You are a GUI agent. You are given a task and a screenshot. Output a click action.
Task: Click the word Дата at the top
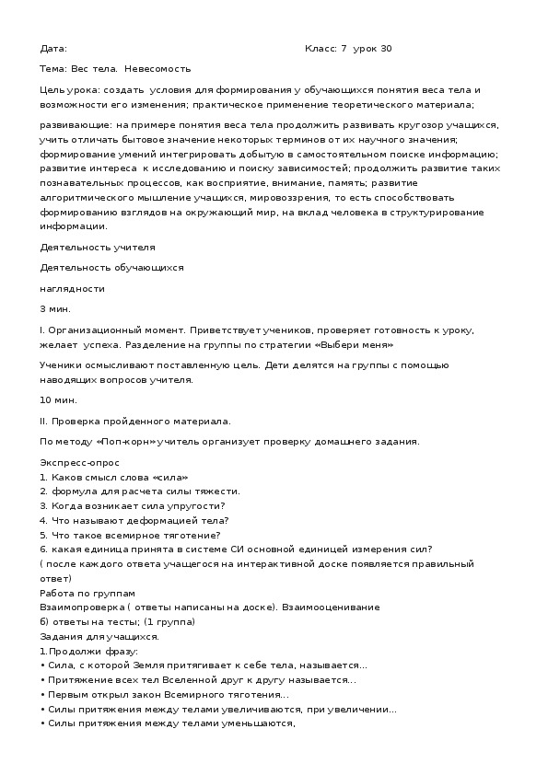pos(52,49)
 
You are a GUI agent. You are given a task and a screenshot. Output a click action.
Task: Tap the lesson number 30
pos(385,49)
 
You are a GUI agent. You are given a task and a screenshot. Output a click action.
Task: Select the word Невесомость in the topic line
pos(162,68)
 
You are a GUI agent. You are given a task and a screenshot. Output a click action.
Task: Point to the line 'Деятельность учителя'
pos(98,248)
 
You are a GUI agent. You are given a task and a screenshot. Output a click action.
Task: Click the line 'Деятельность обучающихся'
pos(112,268)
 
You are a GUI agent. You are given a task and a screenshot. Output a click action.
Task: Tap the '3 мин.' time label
pos(55,308)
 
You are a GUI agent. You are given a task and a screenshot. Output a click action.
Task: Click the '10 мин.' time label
pos(58,400)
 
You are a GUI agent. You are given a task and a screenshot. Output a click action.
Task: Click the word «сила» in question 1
pos(171,477)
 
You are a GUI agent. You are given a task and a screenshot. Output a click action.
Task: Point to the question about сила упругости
pos(134,505)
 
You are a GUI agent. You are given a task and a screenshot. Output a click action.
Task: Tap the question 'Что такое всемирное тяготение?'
pos(130,534)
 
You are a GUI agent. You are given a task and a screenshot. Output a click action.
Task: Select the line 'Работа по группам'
pos(87,594)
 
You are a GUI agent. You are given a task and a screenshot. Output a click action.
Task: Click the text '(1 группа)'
pos(175,621)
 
